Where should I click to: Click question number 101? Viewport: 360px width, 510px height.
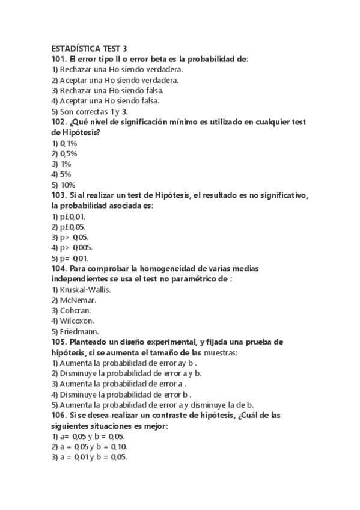pyautogui.click(x=59, y=59)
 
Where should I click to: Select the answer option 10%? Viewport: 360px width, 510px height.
pyautogui.click(x=67, y=185)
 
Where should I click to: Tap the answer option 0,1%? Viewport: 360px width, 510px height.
pyautogui.click(x=68, y=143)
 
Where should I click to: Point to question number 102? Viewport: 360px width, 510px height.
pyautogui.click(x=59, y=122)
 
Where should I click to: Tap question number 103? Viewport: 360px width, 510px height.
pyautogui.click(x=59, y=195)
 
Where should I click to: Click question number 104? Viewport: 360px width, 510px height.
pyautogui.click(x=59, y=269)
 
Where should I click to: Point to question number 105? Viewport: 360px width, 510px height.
pyautogui.click(x=59, y=342)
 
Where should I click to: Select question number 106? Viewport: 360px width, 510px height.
pyautogui.click(x=59, y=416)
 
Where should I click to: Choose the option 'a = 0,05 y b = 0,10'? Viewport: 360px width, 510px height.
pyautogui.click(x=93, y=447)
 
